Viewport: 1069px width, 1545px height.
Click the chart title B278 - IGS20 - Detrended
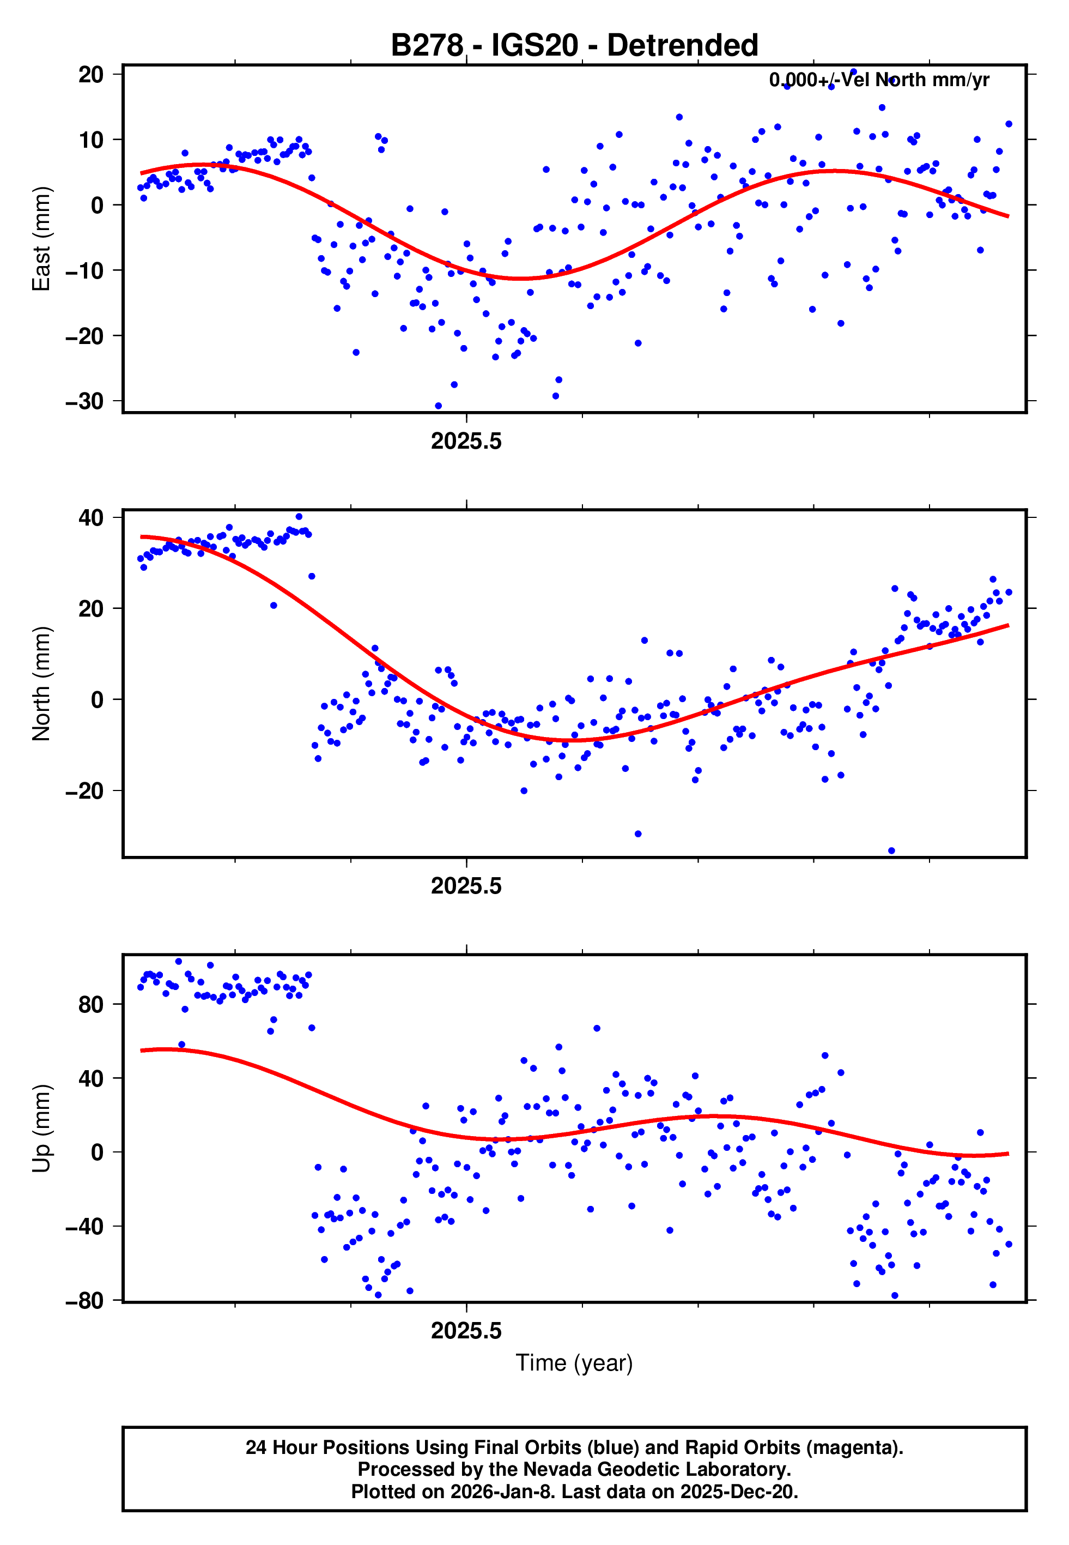(x=574, y=46)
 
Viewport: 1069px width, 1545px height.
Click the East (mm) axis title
(x=41, y=239)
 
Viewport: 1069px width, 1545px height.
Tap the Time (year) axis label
(x=574, y=1363)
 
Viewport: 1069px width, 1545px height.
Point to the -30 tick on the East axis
(x=84, y=401)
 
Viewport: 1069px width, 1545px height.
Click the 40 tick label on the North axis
(x=91, y=518)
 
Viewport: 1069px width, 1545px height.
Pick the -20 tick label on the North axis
(x=84, y=791)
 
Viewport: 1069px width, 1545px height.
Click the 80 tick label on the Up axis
(x=91, y=1004)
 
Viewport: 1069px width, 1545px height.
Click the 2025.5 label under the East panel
(x=466, y=442)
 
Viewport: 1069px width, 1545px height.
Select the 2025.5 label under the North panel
(x=466, y=886)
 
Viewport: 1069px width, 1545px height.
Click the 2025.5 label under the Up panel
(x=466, y=1331)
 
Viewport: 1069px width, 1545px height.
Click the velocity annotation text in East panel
(x=879, y=80)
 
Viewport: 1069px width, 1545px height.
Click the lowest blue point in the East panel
(x=438, y=406)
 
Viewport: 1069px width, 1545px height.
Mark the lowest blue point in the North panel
(x=891, y=851)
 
